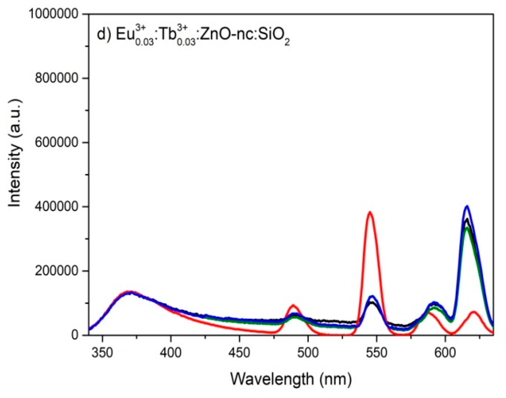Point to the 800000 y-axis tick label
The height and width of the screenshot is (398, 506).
57,78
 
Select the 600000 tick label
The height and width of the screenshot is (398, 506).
57,142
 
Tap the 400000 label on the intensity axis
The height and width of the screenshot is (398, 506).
57,207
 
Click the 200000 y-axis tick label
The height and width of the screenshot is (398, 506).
57,271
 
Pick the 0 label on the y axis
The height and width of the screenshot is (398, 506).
75,335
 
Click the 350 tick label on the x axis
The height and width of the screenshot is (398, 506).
102,353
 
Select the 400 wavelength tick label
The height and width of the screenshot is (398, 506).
171,353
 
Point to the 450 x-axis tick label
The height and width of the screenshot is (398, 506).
239,353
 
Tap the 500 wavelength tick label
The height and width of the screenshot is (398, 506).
308,353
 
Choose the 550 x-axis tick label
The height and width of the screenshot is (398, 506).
376,353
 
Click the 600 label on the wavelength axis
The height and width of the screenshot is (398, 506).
445,353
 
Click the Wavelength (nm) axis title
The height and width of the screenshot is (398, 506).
291,379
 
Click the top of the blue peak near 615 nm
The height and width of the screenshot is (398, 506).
467,206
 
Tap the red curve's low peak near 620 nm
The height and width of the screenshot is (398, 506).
474,312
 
